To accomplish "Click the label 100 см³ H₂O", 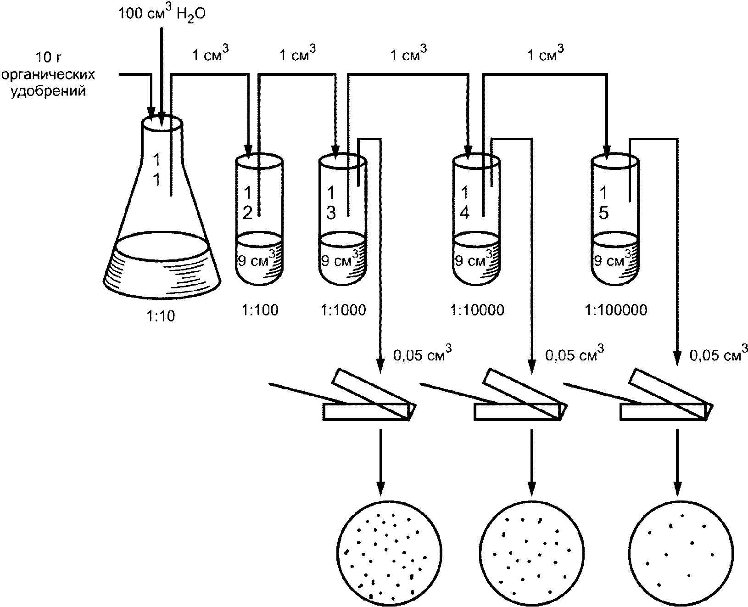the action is click(162, 13).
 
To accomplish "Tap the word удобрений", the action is click(48, 91).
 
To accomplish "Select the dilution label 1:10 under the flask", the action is click(161, 316).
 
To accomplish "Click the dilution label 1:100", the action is click(260, 310).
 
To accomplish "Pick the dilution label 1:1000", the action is click(343, 310).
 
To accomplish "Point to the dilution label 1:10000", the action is click(477, 310).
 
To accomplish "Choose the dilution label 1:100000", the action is click(616, 310).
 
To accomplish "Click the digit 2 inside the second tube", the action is click(248, 213).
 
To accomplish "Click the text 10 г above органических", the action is click(49, 57).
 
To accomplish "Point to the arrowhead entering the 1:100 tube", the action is click(249, 155).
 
